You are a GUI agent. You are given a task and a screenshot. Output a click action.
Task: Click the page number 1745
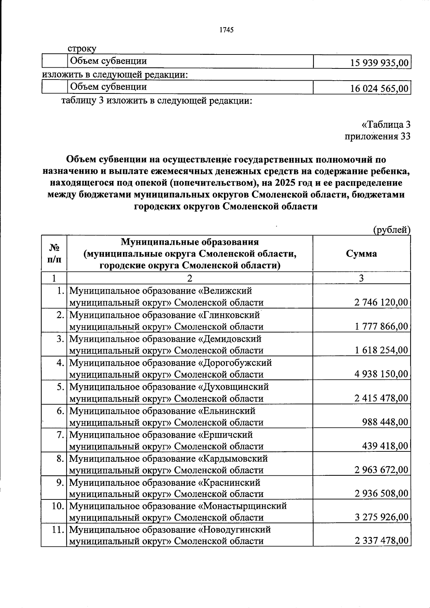pyautogui.click(x=226, y=30)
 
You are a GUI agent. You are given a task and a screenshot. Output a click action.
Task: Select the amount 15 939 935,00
pyautogui.click(x=379, y=63)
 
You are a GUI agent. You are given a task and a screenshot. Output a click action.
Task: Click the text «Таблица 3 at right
pyautogui.click(x=386, y=125)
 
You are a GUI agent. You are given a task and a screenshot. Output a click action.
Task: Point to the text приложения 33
pyautogui.click(x=377, y=137)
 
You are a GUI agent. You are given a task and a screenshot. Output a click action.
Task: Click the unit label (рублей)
pyautogui.click(x=392, y=230)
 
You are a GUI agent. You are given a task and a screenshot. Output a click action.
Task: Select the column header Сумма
pyautogui.click(x=361, y=254)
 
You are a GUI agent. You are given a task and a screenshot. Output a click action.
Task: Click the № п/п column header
pyautogui.click(x=54, y=253)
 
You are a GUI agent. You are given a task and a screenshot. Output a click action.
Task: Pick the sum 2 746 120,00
pyautogui.click(x=381, y=303)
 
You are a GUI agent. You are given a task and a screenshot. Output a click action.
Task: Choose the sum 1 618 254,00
pyautogui.click(x=381, y=350)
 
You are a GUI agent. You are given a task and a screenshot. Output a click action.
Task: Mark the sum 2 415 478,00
pyautogui.click(x=381, y=398)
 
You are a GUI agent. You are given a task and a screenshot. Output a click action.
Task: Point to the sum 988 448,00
pyautogui.click(x=385, y=422)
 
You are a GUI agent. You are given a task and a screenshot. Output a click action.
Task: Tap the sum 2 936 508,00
pyautogui.click(x=381, y=494)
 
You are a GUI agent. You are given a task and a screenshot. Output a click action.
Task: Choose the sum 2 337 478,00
pyautogui.click(x=381, y=540)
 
